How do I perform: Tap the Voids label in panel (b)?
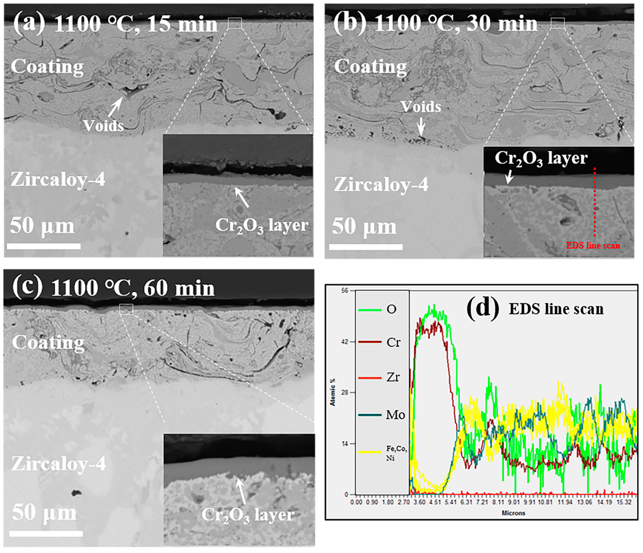(420, 107)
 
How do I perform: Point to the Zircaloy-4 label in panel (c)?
(59, 464)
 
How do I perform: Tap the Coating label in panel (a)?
(47, 67)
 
